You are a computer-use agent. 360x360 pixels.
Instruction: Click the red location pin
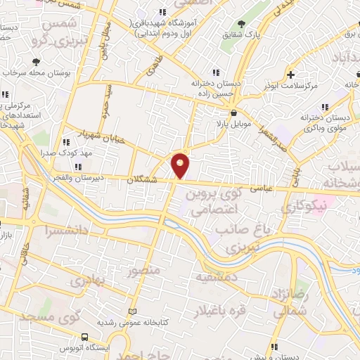[181, 165]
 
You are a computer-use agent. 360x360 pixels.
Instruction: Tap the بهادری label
[87, 281]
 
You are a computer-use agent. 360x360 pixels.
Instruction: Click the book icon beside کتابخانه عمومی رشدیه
[133, 311]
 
